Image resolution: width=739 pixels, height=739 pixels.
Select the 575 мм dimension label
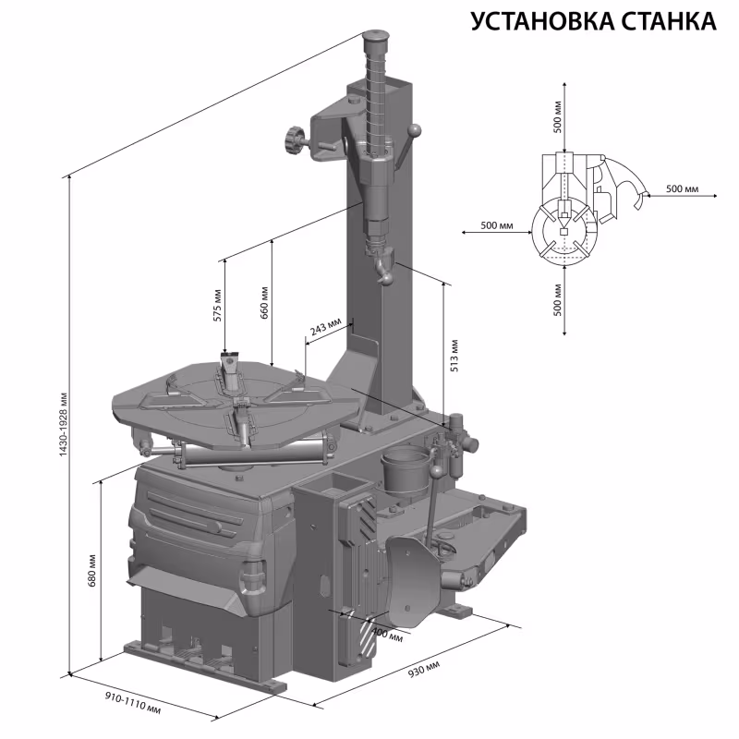click(218, 304)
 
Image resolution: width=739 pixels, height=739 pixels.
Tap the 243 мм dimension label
click(324, 328)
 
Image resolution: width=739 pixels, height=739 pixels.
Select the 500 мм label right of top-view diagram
click(682, 188)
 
